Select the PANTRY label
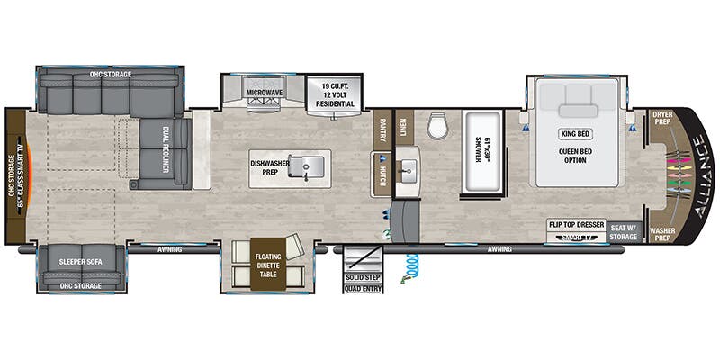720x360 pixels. point(382,130)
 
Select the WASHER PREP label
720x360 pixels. point(662,235)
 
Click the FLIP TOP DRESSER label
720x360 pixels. point(575,225)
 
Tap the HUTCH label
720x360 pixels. point(382,175)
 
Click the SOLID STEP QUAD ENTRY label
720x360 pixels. point(363,283)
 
